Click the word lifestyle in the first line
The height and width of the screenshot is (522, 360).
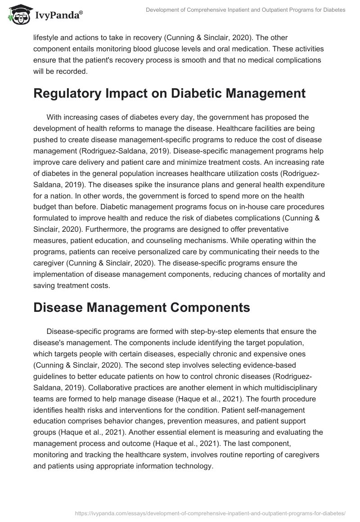pyautogui.click(x=47, y=38)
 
